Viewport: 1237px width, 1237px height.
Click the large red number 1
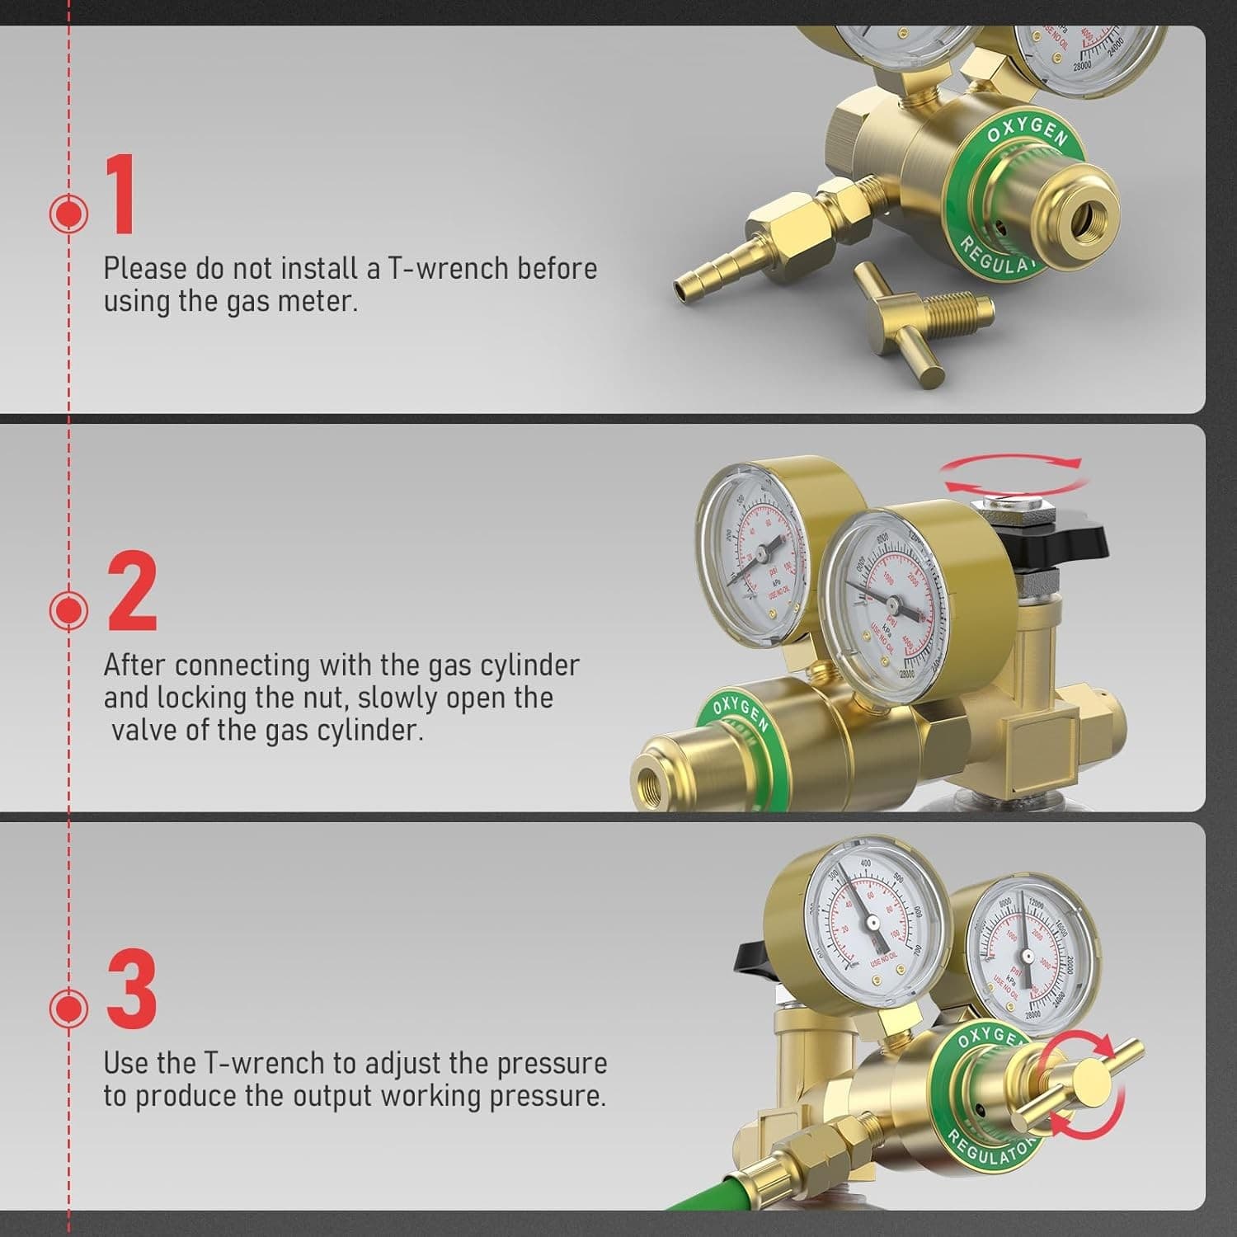point(122,196)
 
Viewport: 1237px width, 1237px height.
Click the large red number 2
point(132,591)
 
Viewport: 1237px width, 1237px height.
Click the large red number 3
point(132,989)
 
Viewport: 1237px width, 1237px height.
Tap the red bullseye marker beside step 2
point(68,610)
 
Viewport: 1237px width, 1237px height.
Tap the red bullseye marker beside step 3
point(68,1008)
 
